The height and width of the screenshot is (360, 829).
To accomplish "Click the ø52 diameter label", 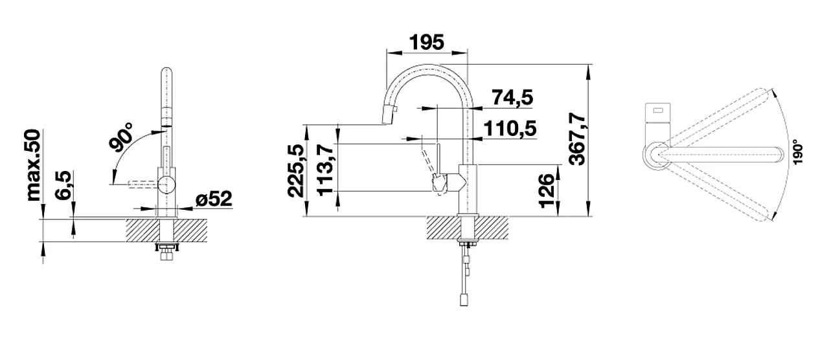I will [213, 199].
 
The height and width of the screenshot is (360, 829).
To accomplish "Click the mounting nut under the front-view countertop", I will [167, 248].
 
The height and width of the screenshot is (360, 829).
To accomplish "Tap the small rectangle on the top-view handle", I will [658, 110].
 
